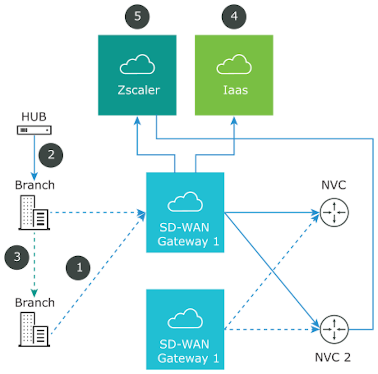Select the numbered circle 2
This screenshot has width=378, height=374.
tap(51, 154)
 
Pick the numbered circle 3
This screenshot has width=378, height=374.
tap(17, 257)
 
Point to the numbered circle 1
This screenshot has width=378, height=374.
tap(79, 267)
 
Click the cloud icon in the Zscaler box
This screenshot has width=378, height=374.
tap(137, 66)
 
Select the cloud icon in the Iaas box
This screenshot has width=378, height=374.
tap(234, 66)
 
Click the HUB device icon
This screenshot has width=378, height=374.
tap(35, 130)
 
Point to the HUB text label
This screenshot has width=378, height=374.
tap(35, 117)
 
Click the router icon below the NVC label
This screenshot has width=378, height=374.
tap(334, 212)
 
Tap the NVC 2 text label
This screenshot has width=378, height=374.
tap(333, 357)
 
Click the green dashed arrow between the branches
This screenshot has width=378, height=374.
tap(35, 262)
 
